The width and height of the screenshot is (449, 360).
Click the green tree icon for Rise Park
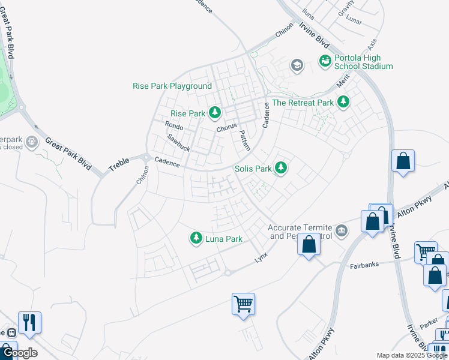point(215,113)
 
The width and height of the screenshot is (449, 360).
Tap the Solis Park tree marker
point(280,169)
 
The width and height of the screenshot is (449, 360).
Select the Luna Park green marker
point(196,239)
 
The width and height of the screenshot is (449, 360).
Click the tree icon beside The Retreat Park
point(343,102)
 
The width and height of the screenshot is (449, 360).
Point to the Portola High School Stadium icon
point(325,61)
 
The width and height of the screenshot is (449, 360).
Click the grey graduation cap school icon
point(297,65)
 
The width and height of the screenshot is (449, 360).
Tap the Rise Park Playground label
point(172,86)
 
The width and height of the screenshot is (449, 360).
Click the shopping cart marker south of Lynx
point(243,304)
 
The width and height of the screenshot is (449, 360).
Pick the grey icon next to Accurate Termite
point(342,229)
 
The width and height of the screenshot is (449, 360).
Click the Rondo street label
point(174,126)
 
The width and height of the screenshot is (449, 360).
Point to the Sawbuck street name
point(178,142)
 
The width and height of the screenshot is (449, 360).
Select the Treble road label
point(119,165)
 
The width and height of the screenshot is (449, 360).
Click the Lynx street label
point(261,256)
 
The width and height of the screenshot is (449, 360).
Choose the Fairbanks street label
point(367,265)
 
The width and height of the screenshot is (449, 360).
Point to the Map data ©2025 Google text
point(411,355)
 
